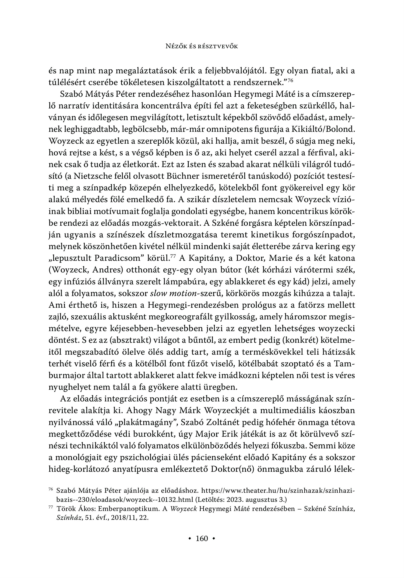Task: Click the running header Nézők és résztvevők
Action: (202, 46)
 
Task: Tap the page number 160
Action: (202, 538)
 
